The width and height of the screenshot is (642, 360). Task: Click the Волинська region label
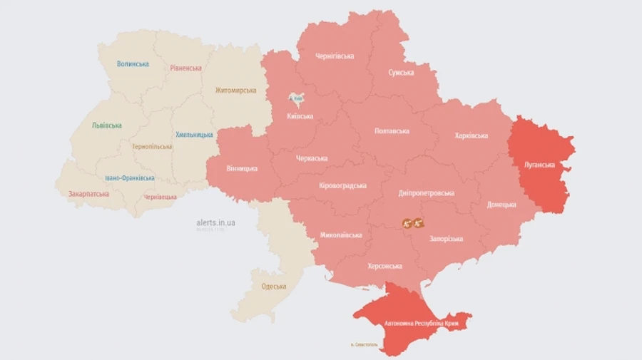tap(133, 63)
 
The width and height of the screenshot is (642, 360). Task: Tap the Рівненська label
tap(185, 68)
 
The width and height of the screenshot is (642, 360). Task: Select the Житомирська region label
tap(235, 91)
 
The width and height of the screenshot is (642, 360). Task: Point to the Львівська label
tap(106, 125)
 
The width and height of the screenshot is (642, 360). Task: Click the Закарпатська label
tap(88, 194)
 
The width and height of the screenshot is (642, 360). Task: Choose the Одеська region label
tap(274, 287)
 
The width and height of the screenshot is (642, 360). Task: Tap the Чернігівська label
tap(335, 56)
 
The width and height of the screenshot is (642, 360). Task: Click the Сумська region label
tap(402, 73)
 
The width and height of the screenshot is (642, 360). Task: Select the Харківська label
tap(471, 135)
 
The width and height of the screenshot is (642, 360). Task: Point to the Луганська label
tap(541, 165)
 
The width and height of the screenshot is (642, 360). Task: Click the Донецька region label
tap(501, 205)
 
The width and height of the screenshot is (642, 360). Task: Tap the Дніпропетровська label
tap(427, 193)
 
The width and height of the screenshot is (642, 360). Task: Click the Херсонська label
tap(384, 266)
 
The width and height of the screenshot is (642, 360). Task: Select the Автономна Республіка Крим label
tap(421, 324)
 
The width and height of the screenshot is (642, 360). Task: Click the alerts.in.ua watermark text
tap(215, 222)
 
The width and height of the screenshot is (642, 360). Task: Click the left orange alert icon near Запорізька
tap(407, 223)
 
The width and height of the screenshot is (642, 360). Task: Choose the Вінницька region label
tap(242, 169)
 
